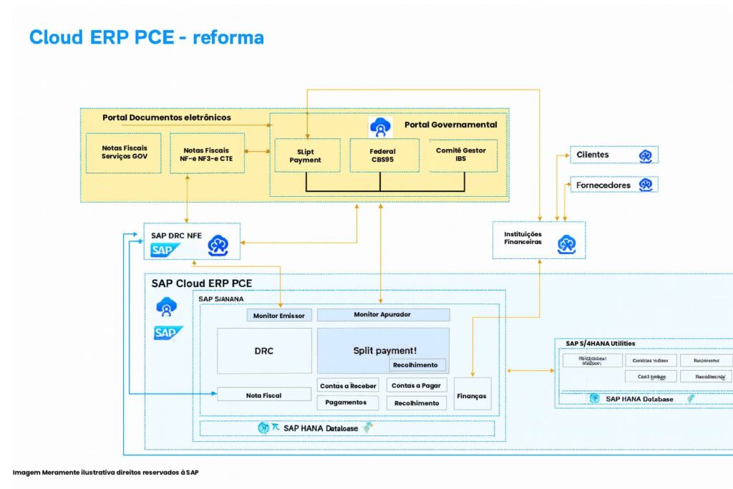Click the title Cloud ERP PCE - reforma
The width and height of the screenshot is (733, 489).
pos(146,37)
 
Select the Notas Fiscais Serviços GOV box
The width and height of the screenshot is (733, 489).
pos(125,152)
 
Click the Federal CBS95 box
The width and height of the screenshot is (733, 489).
pos(382,155)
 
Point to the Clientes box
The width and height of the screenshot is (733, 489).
pos(613,155)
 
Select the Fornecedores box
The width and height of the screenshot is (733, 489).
pos(613,185)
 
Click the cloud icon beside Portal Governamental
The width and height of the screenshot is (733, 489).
pos(380,127)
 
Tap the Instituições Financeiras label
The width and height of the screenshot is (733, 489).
pos(523,238)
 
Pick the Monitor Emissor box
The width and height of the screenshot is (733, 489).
pos(279,315)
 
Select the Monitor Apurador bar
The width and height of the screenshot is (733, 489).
pos(383,314)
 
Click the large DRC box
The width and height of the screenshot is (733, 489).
pos(264,351)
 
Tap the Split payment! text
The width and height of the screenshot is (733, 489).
pos(384,350)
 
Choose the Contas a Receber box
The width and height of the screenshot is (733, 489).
pos(348,386)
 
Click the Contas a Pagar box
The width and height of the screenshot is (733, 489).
pos(415,385)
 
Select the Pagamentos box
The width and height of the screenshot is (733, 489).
pos(346,402)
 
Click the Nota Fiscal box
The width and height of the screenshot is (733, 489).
pos(264,394)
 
